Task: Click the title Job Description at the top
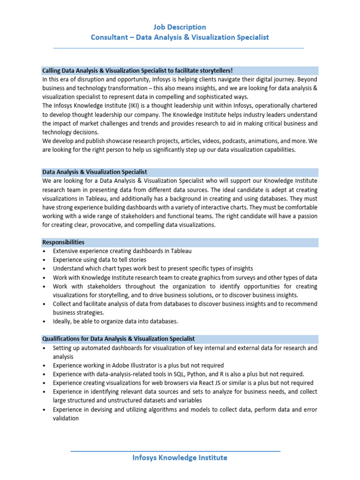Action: click(x=180, y=27)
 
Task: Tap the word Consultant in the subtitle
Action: click(x=109, y=37)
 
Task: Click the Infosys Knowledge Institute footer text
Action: click(x=180, y=457)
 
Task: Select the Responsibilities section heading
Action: click(x=63, y=242)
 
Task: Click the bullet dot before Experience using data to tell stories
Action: click(x=44, y=260)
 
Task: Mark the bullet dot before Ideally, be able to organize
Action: click(x=44, y=322)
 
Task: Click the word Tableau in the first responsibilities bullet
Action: click(x=181, y=251)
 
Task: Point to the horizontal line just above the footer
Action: click(x=175, y=451)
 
